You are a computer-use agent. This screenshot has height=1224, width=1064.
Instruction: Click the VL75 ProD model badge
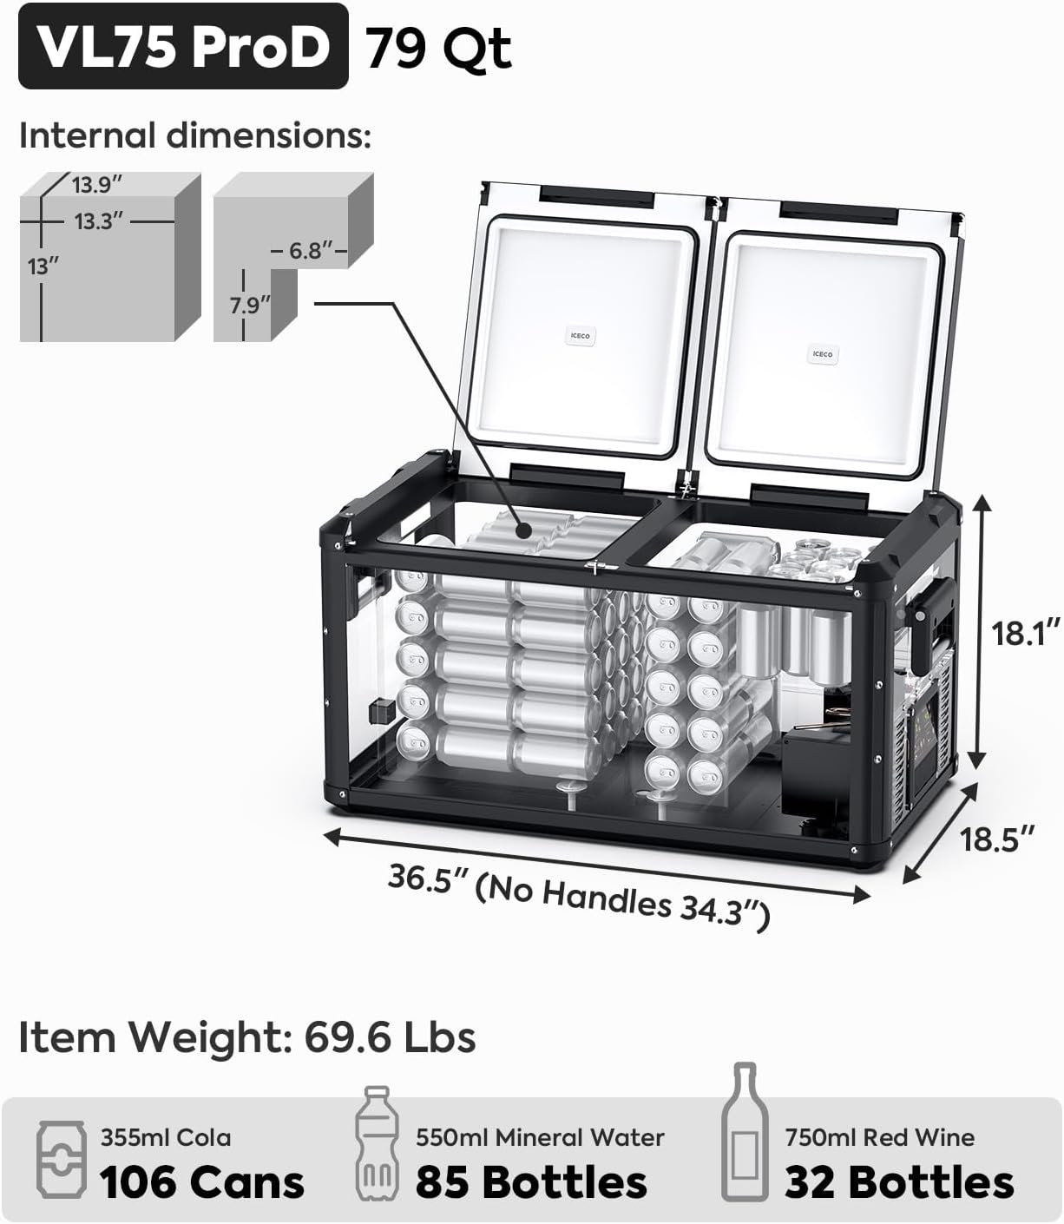183,46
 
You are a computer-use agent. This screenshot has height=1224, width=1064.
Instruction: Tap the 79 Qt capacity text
437,48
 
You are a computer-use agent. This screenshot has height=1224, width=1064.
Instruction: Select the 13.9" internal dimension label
96,185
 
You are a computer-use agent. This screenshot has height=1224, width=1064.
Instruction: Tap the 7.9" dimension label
250,306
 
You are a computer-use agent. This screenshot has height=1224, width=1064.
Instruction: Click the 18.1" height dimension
1027,633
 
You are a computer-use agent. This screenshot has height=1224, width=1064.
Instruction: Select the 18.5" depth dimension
997,839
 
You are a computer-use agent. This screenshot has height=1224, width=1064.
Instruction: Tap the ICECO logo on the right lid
823,354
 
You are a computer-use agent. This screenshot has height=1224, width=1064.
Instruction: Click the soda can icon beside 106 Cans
61,1161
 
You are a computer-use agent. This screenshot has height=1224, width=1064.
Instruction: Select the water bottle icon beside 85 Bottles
374,1143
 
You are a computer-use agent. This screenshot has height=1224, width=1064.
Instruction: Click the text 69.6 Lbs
390,1036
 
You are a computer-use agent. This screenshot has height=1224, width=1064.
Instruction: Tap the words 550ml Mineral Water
540,1137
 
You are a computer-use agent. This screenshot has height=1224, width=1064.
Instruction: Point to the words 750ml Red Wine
879,1137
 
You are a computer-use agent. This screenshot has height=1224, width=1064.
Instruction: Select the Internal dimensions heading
195,136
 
